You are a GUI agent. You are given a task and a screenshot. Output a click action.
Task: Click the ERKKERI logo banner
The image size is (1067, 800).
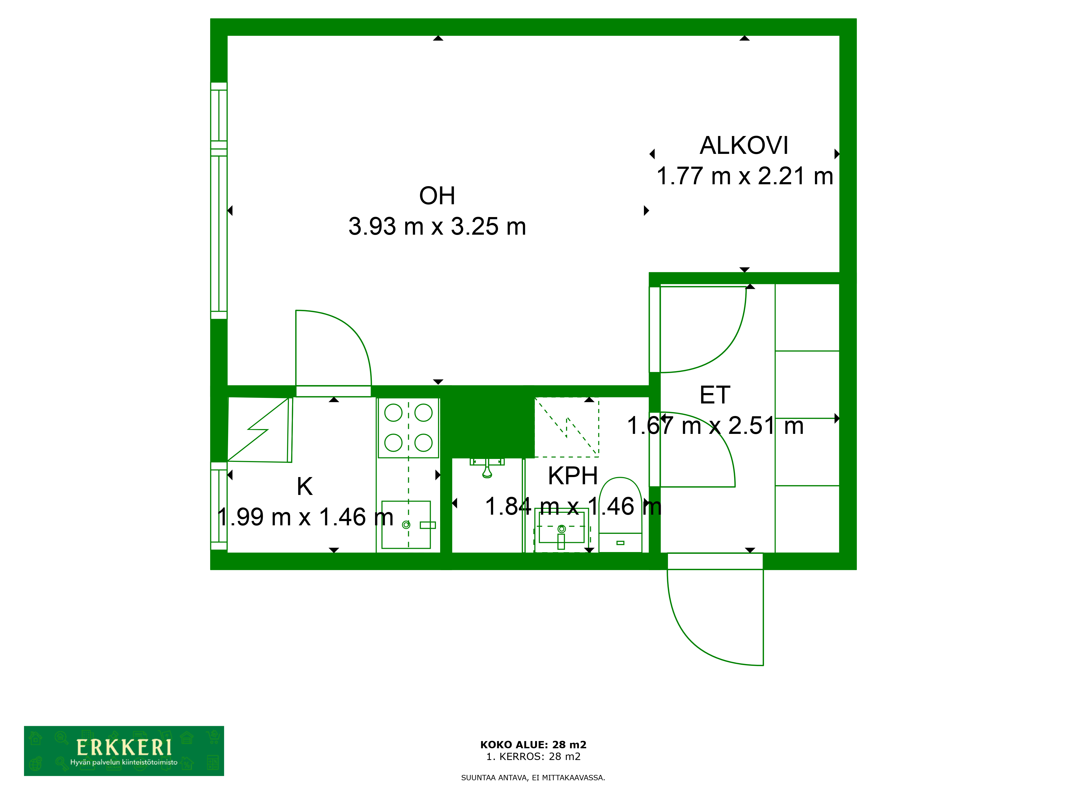(x=124, y=751)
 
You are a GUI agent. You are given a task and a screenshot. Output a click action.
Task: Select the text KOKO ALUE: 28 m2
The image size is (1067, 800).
(x=533, y=745)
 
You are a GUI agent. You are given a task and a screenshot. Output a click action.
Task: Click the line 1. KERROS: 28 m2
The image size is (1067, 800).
(x=533, y=757)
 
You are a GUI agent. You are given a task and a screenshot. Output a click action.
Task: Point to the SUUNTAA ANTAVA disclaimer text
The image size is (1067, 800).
(x=533, y=777)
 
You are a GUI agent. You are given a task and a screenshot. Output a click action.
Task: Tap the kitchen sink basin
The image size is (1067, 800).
(x=406, y=525)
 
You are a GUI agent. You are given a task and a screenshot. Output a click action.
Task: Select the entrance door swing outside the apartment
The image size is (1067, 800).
(x=715, y=617)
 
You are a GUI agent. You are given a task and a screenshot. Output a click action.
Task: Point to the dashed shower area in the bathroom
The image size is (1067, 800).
(x=567, y=427)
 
